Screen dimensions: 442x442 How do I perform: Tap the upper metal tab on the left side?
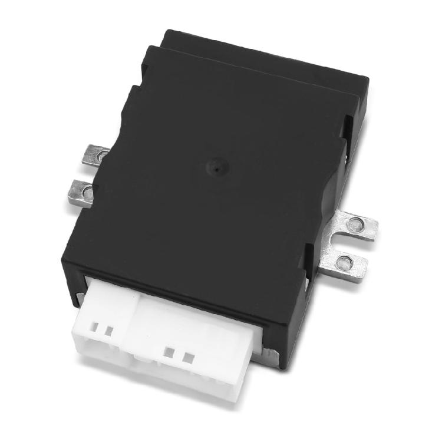[x=95, y=155]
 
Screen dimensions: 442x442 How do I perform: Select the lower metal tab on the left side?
[x=81, y=192]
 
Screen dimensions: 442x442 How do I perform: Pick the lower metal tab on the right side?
[x=345, y=264]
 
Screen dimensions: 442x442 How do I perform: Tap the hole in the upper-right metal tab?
[x=355, y=224]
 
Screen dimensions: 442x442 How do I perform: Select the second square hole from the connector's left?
[x=108, y=331]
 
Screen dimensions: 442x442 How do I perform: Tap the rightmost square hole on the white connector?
[x=188, y=357]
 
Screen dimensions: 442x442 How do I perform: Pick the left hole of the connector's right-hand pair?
[x=170, y=352]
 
